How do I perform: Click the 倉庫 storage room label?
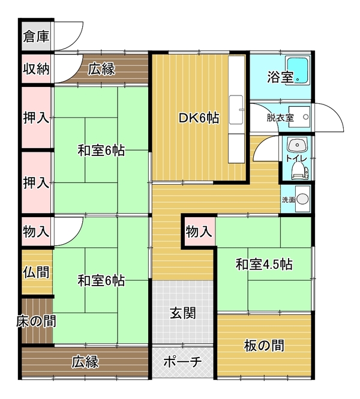[36, 37]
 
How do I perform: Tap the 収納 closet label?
[36, 69]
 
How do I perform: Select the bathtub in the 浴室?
[297, 70]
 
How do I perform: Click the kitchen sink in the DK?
[236, 110]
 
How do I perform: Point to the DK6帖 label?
[199, 118]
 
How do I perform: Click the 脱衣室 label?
[280, 118]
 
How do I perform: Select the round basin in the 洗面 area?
[302, 199]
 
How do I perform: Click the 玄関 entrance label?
[182, 313]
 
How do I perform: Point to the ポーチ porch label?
[182, 361]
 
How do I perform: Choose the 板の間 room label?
[264, 346]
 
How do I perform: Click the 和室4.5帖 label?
[264, 264]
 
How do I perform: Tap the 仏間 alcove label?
[36, 272]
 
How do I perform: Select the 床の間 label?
[36, 321]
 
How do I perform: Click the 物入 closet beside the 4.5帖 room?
[199, 232]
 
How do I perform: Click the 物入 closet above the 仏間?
[36, 232]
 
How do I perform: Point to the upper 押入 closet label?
[36, 118]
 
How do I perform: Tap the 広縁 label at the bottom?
[85, 362]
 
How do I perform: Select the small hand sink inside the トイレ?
[297, 145]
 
